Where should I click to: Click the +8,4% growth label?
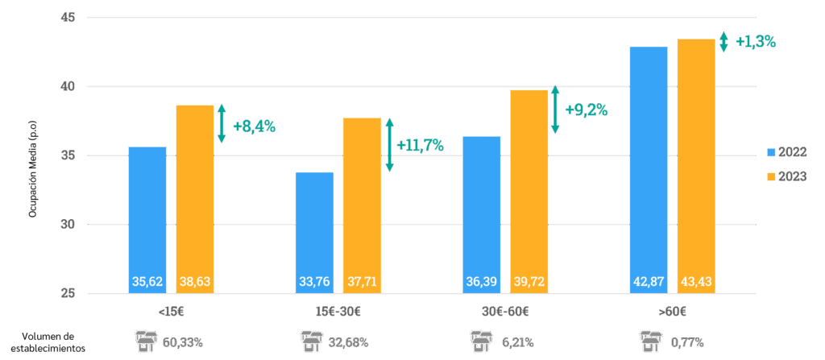(x=254, y=126)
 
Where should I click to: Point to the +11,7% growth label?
(x=420, y=145)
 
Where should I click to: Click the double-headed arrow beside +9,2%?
(x=554, y=110)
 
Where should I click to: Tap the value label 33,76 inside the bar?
(x=314, y=283)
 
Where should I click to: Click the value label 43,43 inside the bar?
(x=696, y=283)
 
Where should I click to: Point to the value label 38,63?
(x=195, y=283)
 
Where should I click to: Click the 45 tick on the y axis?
(x=68, y=17)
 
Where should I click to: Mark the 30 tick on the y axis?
(x=68, y=225)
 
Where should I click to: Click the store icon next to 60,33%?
(x=145, y=341)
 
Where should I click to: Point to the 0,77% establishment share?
(x=687, y=342)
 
